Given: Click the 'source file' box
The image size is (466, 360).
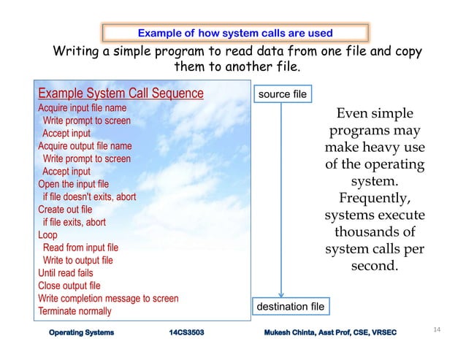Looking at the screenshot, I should coord(280,95).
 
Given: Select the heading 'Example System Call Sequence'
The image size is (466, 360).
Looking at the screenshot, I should coord(121,94).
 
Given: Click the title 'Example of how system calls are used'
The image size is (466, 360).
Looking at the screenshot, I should coord(235,33).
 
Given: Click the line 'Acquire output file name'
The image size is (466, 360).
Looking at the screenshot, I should coord(85,146).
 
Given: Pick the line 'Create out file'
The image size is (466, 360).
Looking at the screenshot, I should coord(66,210).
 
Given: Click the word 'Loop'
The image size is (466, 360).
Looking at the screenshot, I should coord(47,235).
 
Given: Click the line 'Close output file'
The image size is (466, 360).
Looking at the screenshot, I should coord(69,286).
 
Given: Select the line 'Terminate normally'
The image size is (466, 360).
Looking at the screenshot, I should coord(75,311).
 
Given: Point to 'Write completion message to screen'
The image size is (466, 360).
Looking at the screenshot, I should coord(108,299).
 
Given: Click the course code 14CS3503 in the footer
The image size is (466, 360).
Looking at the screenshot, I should coord(186,333).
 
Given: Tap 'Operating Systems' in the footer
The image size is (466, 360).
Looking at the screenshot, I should coord(82,333).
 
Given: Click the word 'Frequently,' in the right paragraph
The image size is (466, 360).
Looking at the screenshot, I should coord(375,199).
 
